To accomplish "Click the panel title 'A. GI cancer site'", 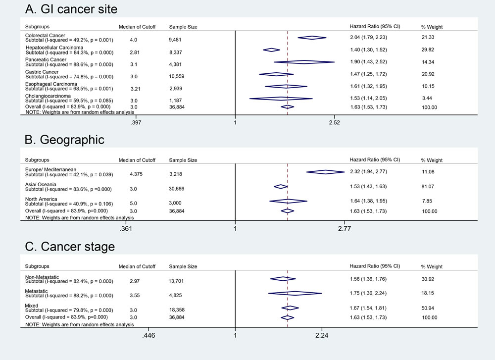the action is [x=71, y=9].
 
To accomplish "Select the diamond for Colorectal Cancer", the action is [x=312, y=38].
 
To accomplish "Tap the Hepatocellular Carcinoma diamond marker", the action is [x=271, y=50].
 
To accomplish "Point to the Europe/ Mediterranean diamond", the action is [x=326, y=172].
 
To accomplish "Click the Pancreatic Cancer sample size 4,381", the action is [x=176, y=64].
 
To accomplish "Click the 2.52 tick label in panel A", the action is [x=334, y=122].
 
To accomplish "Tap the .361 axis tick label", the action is [x=126, y=229].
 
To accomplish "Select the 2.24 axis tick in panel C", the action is [x=322, y=335].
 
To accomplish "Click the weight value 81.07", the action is [x=428, y=187].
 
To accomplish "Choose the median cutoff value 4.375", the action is [x=136, y=174].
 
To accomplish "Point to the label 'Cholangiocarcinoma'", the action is [x=48, y=96].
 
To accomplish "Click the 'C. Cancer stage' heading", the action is [x=70, y=247].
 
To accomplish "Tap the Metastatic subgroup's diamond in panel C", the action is [x=295, y=293].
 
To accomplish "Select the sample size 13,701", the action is [x=176, y=281].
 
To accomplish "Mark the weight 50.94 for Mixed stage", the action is [x=428, y=308].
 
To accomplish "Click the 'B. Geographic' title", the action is [x=64, y=140].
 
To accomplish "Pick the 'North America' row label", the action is [x=41, y=199].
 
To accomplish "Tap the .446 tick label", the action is [x=148, y=335].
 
